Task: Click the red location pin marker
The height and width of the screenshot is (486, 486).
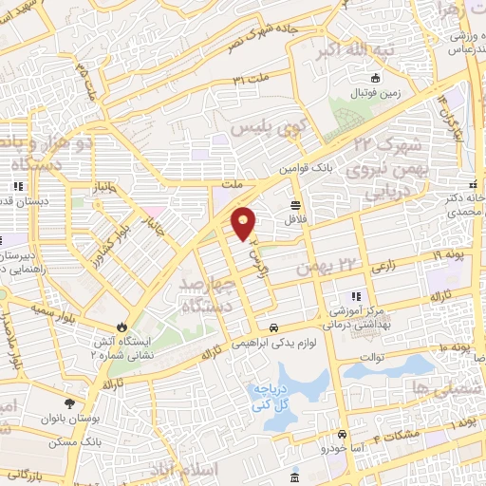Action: [245, 224]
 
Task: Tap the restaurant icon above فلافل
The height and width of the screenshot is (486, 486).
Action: [295, 205]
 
